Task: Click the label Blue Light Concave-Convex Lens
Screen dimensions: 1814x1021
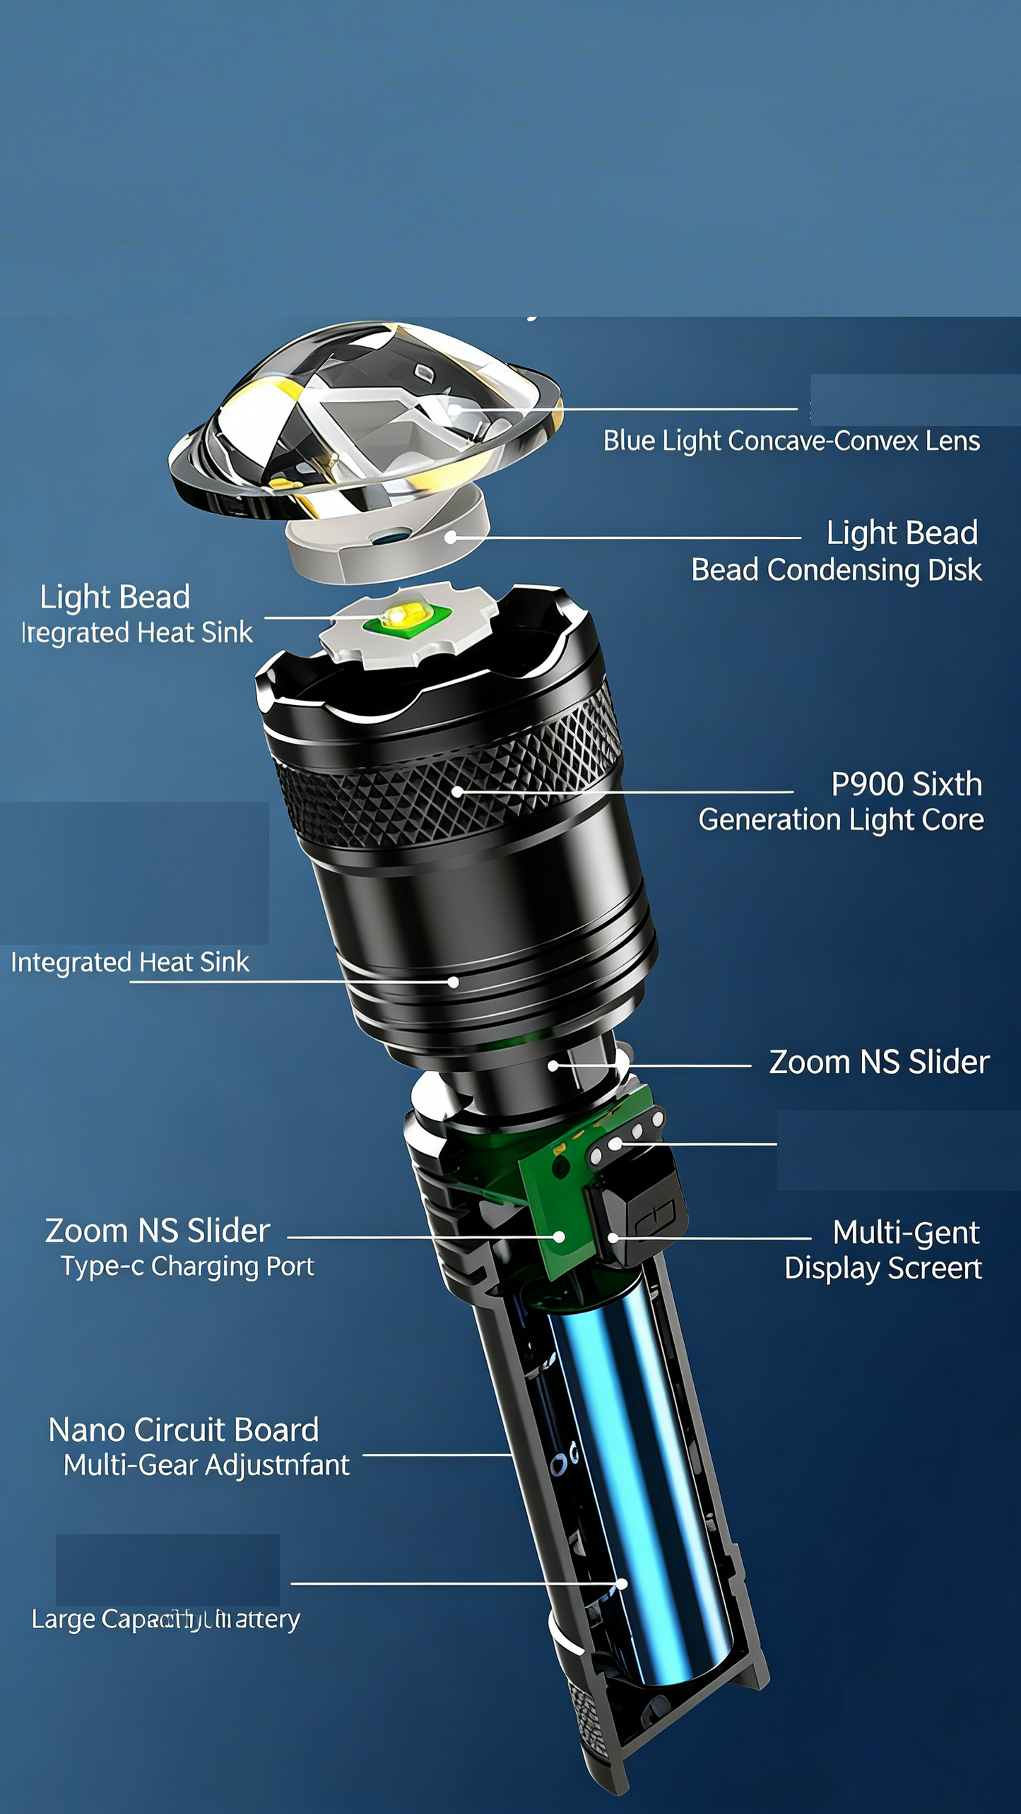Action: click(x=791, y=441)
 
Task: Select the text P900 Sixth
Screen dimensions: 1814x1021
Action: click(x=906, y=784)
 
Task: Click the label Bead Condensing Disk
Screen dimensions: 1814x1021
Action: click(x=836, y=570)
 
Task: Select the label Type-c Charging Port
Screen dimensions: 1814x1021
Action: click(x=187, y=1267)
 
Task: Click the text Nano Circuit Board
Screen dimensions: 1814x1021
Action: click(x=184, y=1430)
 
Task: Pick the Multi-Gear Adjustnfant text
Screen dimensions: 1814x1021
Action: click(x=206, y=1465)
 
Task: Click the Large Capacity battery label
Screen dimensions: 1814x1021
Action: click(x=165, y=1618)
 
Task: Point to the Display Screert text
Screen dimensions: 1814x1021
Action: click(x=883, y=1269)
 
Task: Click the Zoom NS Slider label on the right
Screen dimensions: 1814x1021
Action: click(x=878, y=1062)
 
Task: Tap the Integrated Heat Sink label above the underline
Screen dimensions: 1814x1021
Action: click(x=130, y=962)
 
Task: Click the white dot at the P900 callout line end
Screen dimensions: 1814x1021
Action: click(x=457, y=792)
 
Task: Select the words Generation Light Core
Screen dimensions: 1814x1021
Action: click(x=841, y=820)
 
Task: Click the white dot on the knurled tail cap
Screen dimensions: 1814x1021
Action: click(x=622, y=1584)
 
